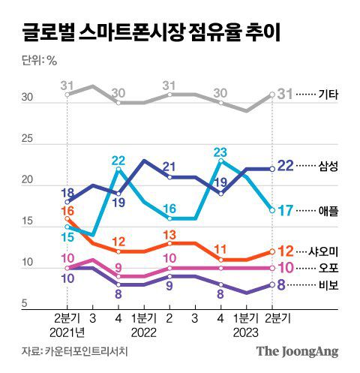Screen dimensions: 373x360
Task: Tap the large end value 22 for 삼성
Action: point(286,166)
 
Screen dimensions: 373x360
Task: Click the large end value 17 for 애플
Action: point(286,211)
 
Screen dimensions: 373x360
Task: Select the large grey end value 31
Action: point(286,94)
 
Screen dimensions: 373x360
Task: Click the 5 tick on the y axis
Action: point(24,303)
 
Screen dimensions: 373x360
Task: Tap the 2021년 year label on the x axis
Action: point(68,331)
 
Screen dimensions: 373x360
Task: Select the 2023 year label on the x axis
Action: point(247,331)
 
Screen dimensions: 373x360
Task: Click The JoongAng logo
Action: point(297,351)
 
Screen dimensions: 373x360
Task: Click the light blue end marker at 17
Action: point(271,210)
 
